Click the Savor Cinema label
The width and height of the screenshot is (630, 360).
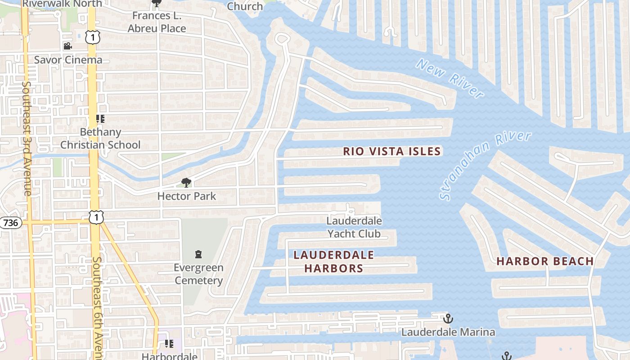pos(68,60)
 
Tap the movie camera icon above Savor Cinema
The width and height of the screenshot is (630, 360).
pos(67,46)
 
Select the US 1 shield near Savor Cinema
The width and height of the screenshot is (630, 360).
pos(92,37)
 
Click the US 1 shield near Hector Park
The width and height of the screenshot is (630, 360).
pos(96,216)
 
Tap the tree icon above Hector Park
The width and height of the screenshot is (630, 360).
pos(186,182)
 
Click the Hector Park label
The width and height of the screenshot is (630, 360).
pos(186,196)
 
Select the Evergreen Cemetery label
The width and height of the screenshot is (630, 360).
pos(198,274)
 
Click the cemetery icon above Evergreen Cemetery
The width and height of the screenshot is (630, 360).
pos(198,254)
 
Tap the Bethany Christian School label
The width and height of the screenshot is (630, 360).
pos(100,139)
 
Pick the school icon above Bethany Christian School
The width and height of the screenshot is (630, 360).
pos(100,119)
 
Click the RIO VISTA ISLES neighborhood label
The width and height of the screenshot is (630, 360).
pos(391,151)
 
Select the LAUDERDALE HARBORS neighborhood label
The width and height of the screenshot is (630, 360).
pos(333,261)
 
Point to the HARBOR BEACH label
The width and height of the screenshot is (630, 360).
pos(545,261)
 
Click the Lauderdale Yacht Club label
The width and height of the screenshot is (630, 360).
pos(354,227)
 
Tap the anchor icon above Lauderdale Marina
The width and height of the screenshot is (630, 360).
pos(448,319)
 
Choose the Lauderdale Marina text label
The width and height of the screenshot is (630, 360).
pos(448,332)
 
